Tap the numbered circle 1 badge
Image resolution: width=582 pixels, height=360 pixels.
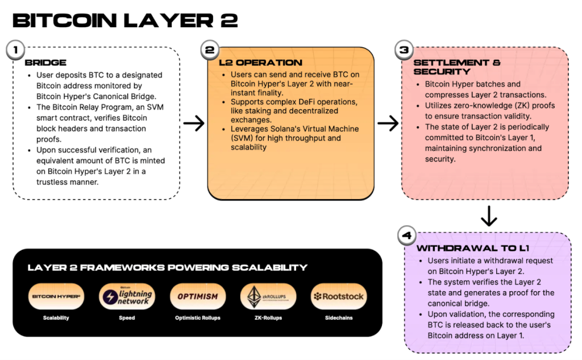coord(15,49)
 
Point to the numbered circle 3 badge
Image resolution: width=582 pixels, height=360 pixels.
coord(404,49)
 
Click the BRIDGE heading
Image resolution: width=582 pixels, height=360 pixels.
coord(45,63)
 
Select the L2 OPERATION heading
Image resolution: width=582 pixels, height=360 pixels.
coord(260,63)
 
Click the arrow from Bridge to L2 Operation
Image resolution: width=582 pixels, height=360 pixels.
coord(194,123)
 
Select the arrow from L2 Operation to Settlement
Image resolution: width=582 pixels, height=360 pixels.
coord(388,123)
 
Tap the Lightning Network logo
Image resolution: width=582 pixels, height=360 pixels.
coord(127,296)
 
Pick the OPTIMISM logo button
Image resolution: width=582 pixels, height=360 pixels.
coord(198,296)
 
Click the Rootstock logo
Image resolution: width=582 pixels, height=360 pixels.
coord(339,296)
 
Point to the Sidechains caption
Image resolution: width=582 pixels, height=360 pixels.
coord(339,318)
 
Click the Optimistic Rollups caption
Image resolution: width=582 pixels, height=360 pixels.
coord(198,318)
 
